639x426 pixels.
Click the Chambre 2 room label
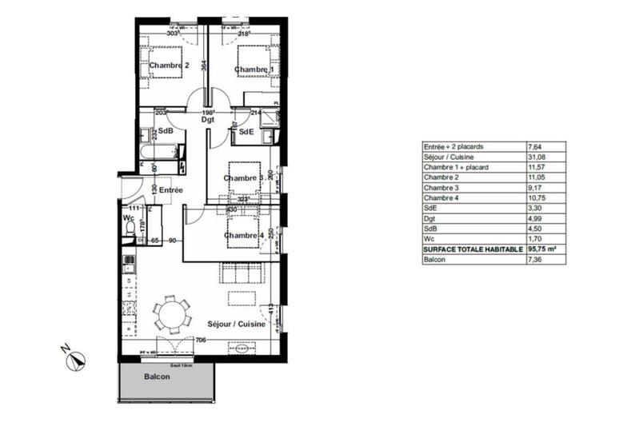[x=169, y=66]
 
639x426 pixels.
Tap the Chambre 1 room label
[x=255, y=70]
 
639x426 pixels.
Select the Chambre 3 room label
[x=243, y=178]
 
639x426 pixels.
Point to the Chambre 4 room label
[x=244, y=235]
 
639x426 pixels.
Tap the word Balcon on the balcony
[x=157, y=377]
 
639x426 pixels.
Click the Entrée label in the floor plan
[x=170, y=190]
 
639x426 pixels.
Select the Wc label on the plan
[x=128, y=217]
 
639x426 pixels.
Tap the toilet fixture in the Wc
[x=130, y=229]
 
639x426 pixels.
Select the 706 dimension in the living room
[x=201, y=340]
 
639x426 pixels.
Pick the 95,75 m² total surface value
[x=543, y=249]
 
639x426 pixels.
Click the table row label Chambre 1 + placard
[x=457, y=167]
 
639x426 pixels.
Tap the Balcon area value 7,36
[x=534, y=260]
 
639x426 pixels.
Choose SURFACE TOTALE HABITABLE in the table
[x=472, y=249]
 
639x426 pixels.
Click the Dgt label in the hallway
[x=208, y=120]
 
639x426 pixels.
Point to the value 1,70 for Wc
[x=534, y=239]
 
